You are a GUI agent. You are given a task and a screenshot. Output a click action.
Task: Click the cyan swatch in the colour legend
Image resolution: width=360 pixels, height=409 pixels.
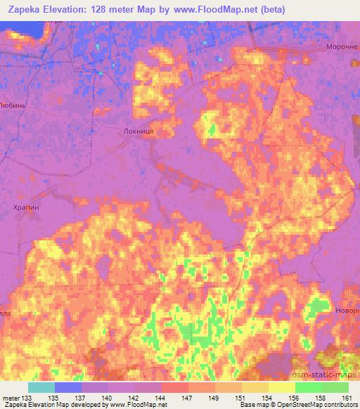tap(41, 387)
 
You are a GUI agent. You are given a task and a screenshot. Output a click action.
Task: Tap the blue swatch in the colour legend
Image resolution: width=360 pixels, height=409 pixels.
tap(68, 387)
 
